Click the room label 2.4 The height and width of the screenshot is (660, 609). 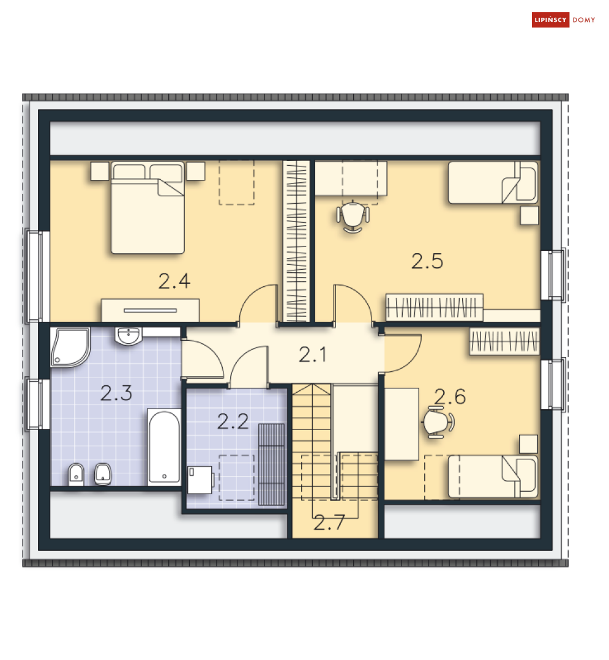[x=174, y=281]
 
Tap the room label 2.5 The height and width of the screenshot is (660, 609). [x=427, y=261]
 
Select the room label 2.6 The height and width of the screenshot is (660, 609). [x=450, y=397]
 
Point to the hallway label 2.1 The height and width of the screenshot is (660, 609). [x=313, y=355]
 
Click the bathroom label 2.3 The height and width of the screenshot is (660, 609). [x=116, y=393]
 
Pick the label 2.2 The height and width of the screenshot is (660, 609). [x=233, y=421]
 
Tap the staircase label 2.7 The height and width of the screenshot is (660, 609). [x=329, y=522]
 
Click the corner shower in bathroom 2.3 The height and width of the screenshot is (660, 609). [x=69, y=346]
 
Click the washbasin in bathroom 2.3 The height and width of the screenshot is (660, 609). [x=129, y=335]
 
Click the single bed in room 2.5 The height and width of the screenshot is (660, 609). [x=493, y=182]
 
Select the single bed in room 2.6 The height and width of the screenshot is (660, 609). [x=493, y=476]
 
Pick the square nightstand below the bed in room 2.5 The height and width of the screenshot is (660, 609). [x=529, y=215]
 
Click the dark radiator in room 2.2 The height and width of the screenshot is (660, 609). [x=272, y=464]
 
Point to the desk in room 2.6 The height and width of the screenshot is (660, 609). [x=402, y=423]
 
